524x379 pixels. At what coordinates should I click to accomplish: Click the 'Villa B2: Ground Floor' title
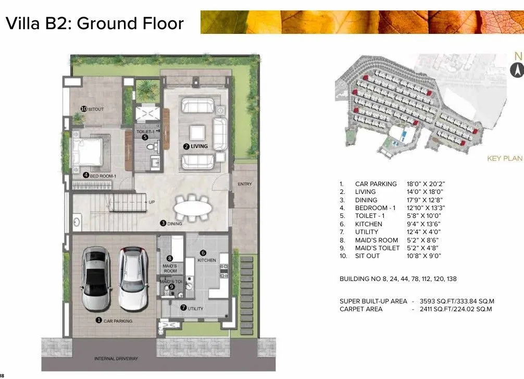[94, 23]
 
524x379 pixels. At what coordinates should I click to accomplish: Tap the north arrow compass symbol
[517, 68]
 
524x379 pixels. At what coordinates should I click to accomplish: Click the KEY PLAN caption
[504, 158]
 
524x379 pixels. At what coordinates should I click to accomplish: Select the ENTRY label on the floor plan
[245, 184]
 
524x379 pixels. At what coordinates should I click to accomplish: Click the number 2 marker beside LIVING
[186, 146]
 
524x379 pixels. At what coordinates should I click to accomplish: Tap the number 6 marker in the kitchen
[203, 253]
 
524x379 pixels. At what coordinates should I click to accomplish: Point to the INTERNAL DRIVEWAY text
[116, 359]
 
